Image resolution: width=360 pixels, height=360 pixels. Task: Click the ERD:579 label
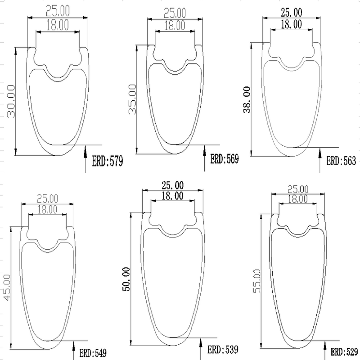108,161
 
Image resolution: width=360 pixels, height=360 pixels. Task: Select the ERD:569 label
225,159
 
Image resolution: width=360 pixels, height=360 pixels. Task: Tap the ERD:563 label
341,161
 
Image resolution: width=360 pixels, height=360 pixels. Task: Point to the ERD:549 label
93,353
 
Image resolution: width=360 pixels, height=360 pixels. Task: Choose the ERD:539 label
223,350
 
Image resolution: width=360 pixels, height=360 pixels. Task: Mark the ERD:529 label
344,352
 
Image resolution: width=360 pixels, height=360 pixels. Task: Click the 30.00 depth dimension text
11,101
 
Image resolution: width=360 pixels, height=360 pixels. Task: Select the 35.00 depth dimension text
132,99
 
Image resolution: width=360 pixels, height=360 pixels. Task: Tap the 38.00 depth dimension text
247,99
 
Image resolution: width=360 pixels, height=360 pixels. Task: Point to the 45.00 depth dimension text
7,288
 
